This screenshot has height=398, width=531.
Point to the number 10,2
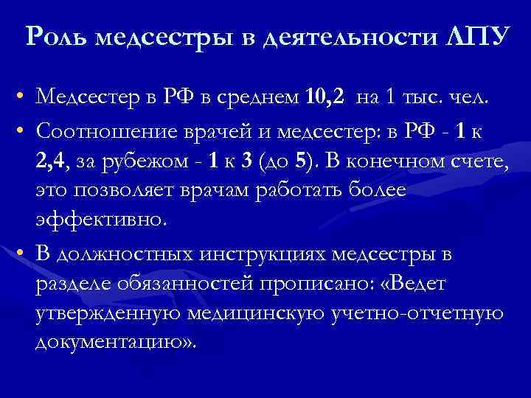(x=325, y=96)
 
